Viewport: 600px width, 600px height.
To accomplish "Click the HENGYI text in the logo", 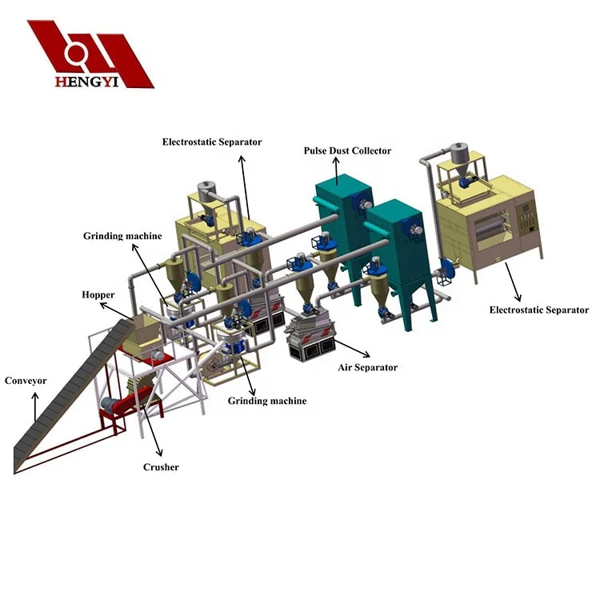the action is click(87, 82).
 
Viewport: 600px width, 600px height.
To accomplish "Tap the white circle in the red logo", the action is click(75, 53).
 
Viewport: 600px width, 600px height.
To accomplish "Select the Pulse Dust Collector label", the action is click(347, 150).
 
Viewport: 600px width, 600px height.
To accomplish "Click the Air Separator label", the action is click(367, 368).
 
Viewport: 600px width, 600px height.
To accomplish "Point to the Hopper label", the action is click(98, 295).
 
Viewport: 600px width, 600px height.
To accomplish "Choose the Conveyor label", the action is click(26, 381).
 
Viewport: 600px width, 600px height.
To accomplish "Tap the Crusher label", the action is click(161, 467).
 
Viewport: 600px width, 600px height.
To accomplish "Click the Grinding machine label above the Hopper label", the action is click(122, 236).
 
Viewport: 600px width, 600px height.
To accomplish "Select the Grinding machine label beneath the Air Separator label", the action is click(267, 401).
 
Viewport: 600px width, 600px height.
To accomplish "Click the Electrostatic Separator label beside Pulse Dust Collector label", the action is click(212, 142).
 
